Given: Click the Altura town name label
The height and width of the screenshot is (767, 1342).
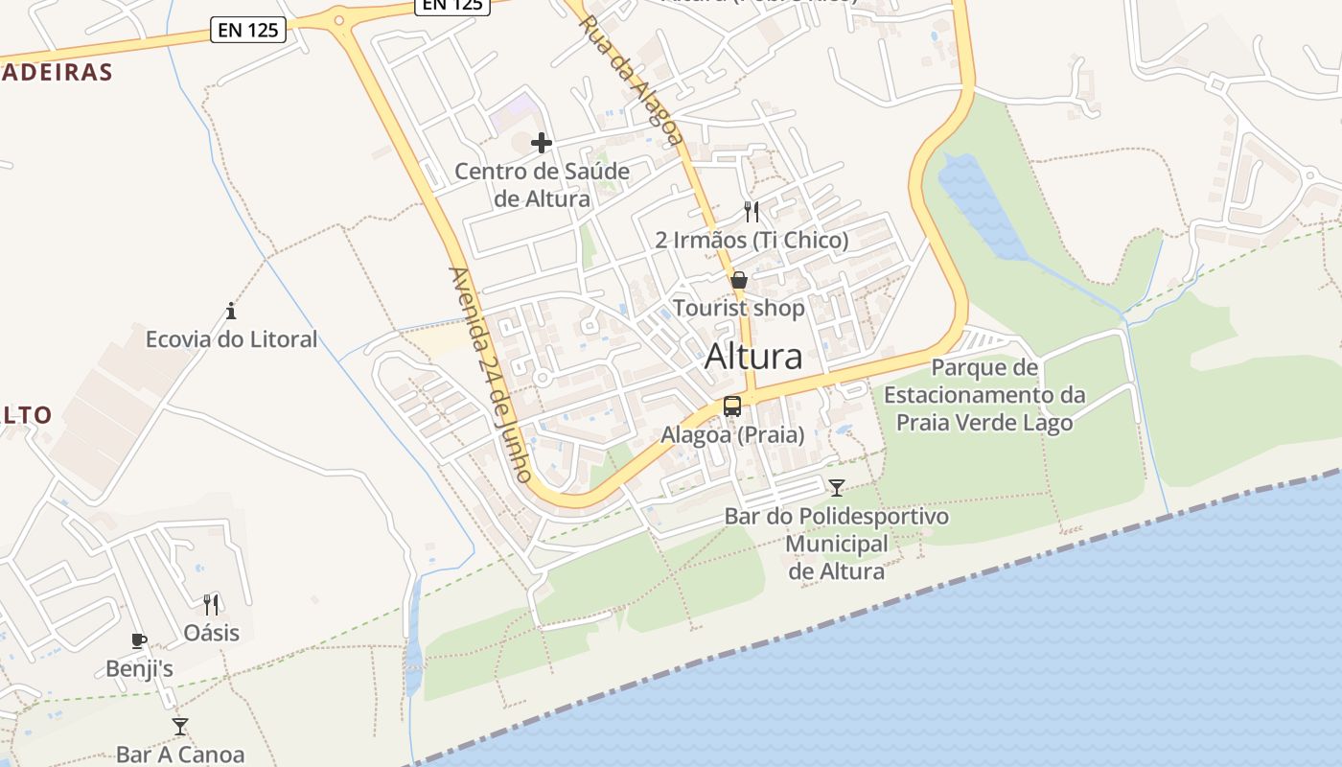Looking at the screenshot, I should coord(753,357).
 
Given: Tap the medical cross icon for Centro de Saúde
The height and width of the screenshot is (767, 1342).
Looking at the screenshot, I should coord(542,144).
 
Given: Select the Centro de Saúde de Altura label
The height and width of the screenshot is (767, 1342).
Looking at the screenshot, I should coord(542,185).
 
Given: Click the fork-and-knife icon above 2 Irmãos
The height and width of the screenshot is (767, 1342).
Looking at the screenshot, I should coord(752,212).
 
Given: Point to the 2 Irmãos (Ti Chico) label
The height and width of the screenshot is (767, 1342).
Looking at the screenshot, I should coord(752,240).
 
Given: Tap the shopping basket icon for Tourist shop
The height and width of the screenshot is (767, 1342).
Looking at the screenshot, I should coord(739,280).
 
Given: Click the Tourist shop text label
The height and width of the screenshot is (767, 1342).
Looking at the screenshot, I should coord(739,309).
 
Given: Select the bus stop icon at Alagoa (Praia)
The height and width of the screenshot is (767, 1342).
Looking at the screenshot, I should coord(732,407).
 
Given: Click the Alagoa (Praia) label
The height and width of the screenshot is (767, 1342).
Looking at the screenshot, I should coord(732,435).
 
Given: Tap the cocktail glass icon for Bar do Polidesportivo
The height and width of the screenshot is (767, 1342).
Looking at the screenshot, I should coord(837,488).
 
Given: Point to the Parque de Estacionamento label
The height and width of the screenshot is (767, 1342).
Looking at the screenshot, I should coord(984,395).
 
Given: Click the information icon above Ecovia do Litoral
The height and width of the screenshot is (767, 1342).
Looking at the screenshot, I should coord(231,311).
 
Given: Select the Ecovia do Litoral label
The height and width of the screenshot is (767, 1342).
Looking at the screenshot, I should coord(231,339).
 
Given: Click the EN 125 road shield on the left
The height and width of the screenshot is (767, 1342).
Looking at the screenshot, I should coord(249,31).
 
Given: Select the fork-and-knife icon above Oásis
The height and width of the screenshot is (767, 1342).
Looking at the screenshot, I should coord(211,605).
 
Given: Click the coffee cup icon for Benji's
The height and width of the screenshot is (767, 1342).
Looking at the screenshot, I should coord(139,640).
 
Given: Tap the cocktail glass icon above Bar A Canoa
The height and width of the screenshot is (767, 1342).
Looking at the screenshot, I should coord(180,726).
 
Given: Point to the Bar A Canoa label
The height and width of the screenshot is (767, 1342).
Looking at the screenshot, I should coord(180,755).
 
